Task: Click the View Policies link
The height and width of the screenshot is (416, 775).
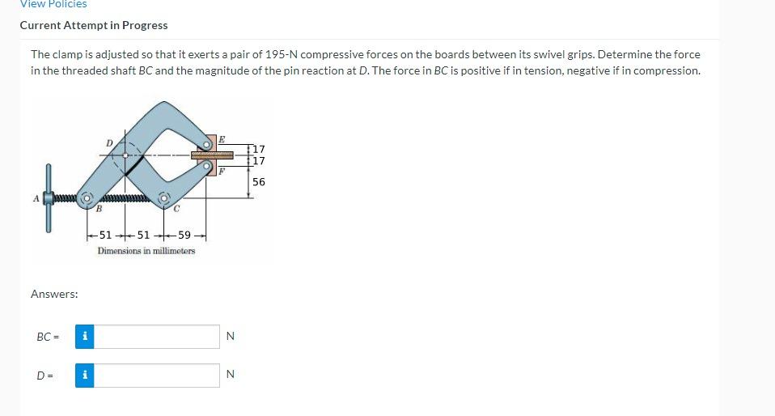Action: click(53, 4)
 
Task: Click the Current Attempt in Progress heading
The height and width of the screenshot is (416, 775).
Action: click(94, 25)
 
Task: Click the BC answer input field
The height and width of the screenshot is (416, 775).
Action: click(157, 337)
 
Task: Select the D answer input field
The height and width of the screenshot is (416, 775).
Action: click(157, 376)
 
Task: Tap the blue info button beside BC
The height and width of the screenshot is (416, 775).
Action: click(84, 337)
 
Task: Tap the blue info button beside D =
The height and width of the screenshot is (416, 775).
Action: click(84, 376)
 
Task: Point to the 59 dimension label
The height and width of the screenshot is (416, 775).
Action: click(184, 235)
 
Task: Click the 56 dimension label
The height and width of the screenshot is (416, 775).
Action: click(259, 182)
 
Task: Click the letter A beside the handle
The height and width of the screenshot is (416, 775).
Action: click(36, 199)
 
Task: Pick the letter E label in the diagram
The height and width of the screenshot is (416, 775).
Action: click(222, 139)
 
